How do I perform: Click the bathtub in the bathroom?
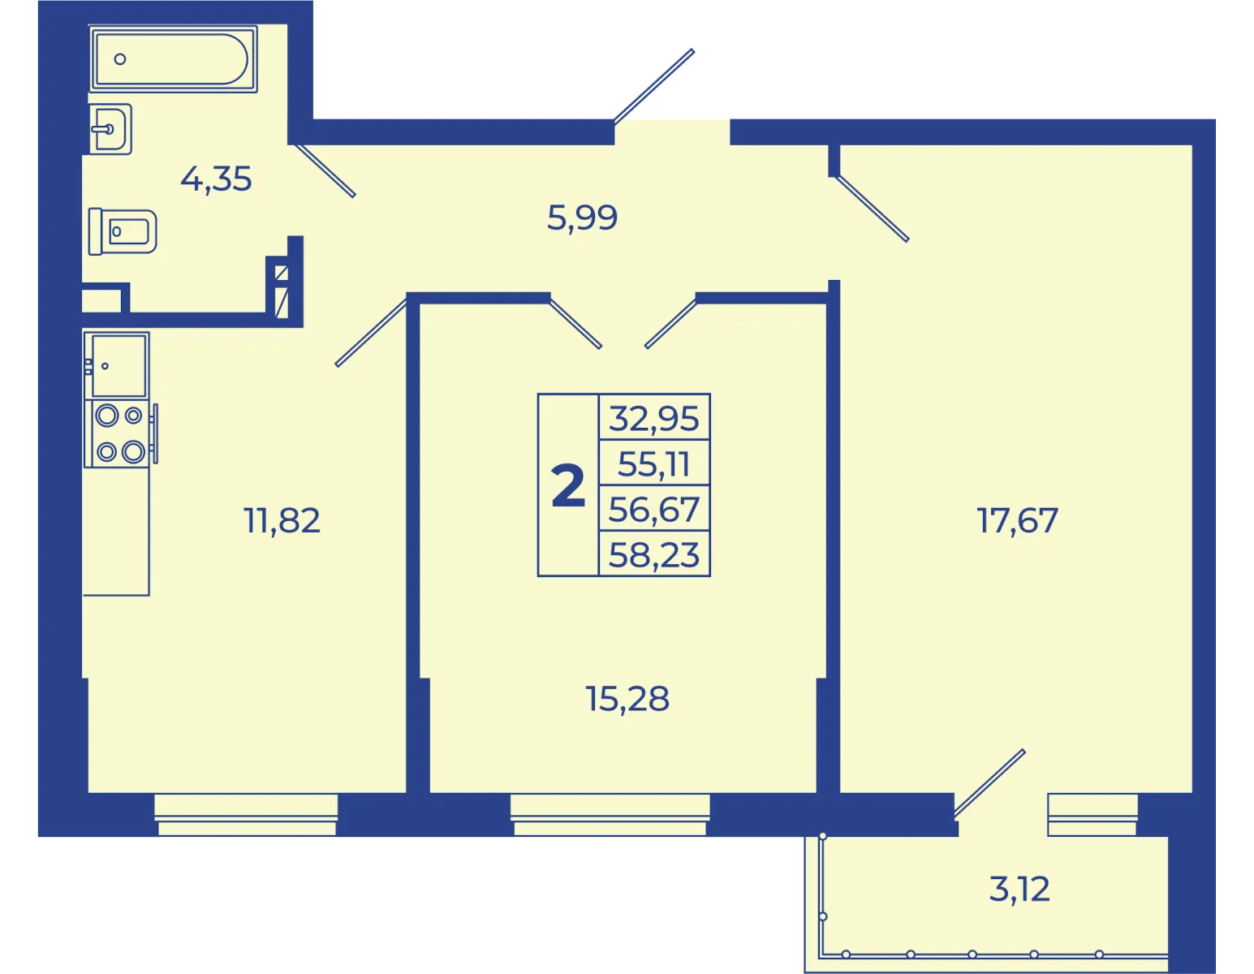(x=173, y=59)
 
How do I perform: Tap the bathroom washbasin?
(x=111, y=129)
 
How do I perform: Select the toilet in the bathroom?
(x=123, y=231)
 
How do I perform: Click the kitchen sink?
(x=117, y=366)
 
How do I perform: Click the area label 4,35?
(x=216, y=179)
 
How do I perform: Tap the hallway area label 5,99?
(x=582, y=218)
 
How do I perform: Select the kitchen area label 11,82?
(x=282, y=520)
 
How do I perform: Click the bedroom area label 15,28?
(x=627, y=699)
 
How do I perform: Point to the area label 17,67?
(x=1017, y=520)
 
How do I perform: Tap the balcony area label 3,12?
(x=1019, y=889)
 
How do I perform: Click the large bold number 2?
(x=568, y=486)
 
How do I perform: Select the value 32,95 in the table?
(x=654, y=418)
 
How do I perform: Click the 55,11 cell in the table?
(x=654, y=464)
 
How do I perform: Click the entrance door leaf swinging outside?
(x=654, y=87)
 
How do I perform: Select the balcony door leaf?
(x=989, y=783)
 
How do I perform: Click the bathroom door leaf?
(x=325, y=170)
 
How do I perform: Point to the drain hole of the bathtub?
(x=120, y=59)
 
